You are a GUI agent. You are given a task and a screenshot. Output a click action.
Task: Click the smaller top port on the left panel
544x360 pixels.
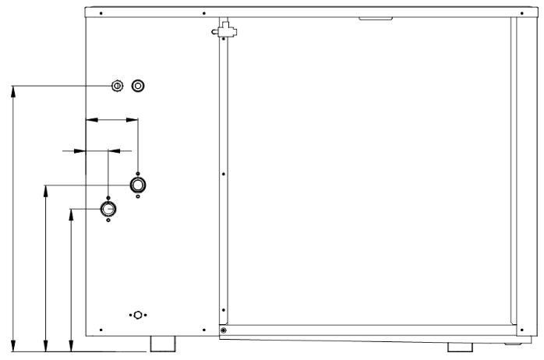coord(117,85)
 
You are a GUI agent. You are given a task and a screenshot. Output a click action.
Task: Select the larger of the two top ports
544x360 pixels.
coord(138,85)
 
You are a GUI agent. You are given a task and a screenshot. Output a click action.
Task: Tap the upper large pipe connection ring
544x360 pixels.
coord(138,185)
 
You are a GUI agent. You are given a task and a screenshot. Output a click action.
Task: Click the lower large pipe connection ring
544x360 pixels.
coord(108,209)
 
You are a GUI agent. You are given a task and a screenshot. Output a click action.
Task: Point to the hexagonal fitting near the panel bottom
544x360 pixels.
coord(138,315)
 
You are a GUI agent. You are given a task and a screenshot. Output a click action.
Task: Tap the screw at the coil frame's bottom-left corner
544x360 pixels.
coord(224,330)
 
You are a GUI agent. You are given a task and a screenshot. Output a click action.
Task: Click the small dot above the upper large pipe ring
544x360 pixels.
coord(138,174)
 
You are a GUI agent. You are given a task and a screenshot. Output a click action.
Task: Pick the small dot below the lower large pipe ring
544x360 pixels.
coord(108,221)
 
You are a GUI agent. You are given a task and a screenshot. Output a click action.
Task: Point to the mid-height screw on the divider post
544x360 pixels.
coord(223,174)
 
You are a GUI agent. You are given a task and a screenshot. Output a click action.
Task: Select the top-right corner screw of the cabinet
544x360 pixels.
coord(518,12)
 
